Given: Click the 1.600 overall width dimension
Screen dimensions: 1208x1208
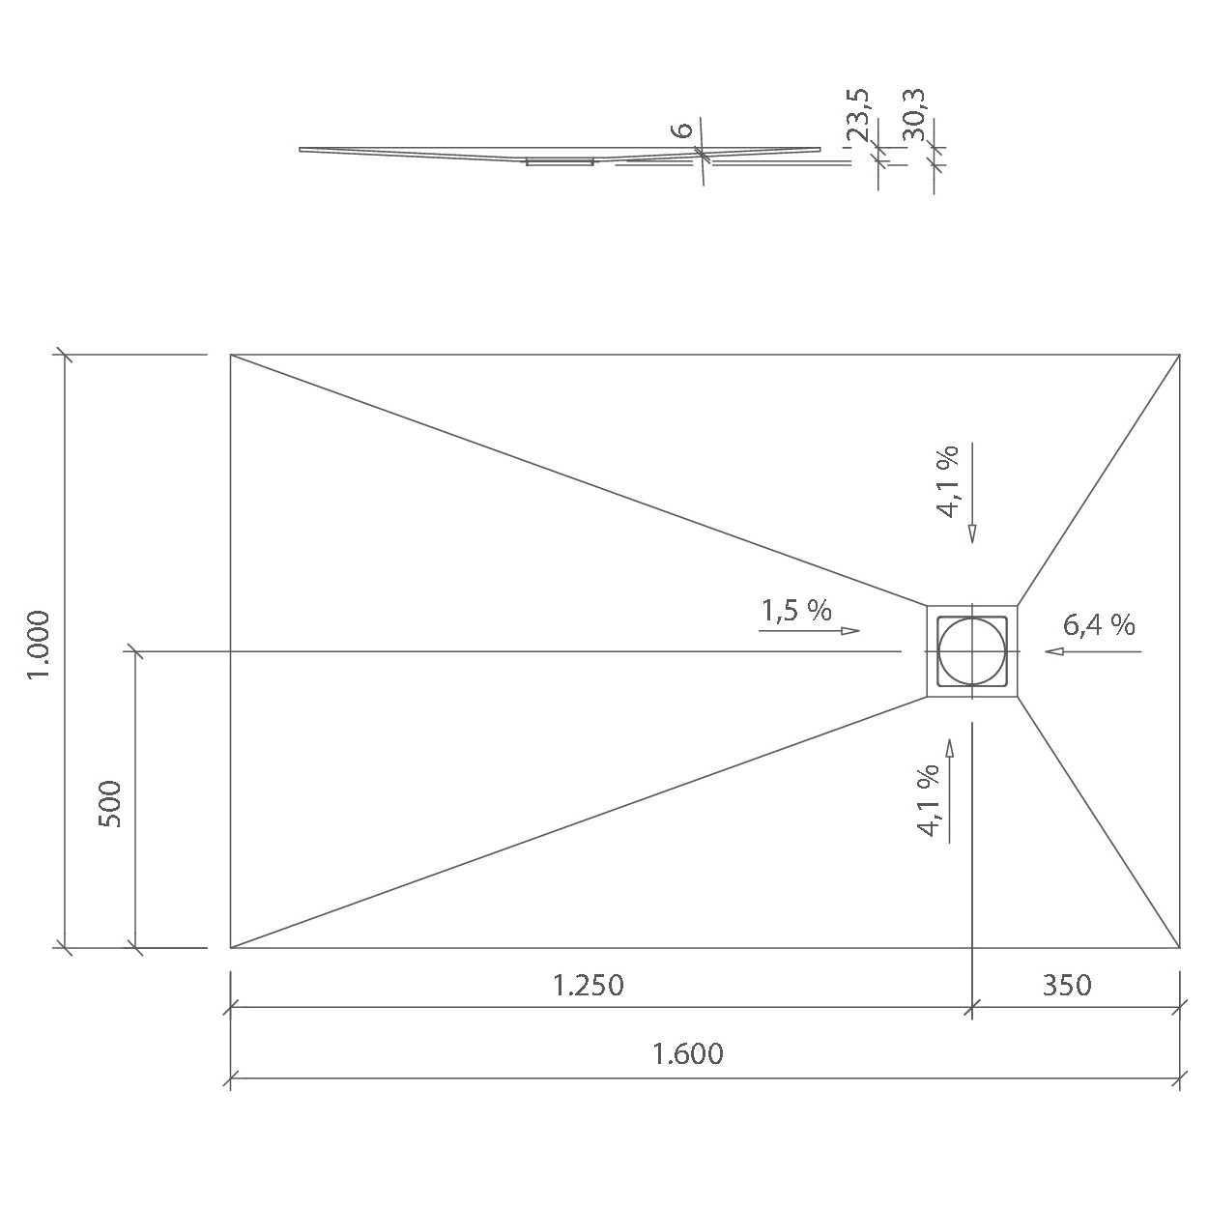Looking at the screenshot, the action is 688,1053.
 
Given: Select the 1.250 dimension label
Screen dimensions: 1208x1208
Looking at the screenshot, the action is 588,986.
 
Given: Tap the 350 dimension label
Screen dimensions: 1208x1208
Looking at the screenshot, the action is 1067,986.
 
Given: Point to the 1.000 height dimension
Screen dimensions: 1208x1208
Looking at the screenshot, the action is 38,645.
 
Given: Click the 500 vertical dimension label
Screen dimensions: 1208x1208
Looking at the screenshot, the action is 110,804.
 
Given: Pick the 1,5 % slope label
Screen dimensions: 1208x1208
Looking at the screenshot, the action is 796,610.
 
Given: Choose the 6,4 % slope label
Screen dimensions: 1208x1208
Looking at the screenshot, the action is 1099,625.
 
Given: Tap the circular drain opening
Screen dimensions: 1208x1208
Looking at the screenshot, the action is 971,650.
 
